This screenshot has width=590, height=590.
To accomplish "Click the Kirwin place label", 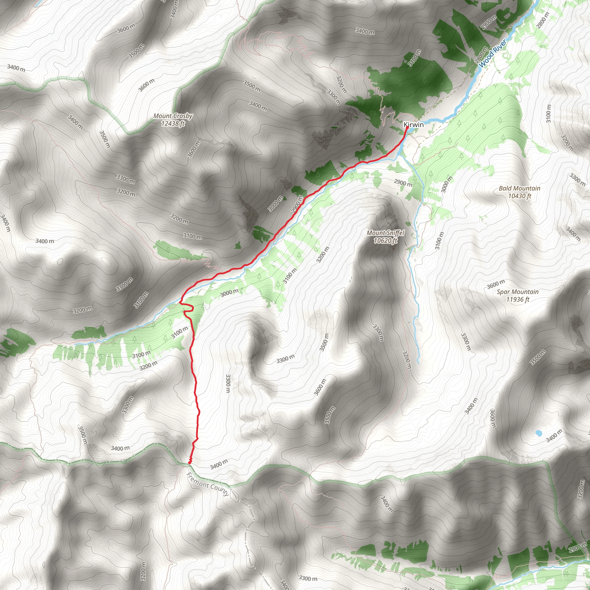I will (413, 124).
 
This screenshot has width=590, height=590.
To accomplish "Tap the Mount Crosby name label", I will (173, 116).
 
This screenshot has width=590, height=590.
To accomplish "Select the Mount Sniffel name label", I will (385, 233).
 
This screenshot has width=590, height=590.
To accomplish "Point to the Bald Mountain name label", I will (519, 188).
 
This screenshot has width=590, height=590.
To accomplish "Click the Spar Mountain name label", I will (517, 292).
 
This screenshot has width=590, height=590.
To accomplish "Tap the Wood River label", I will (492, 54).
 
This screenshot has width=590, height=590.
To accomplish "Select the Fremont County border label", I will (207, 484).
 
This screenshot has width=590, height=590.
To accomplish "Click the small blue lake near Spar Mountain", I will (538, 433).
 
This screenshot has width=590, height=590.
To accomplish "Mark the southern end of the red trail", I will (190, 463).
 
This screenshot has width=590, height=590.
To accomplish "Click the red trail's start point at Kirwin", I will (407, 128).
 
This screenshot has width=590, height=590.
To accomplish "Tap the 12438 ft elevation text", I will (173, 124).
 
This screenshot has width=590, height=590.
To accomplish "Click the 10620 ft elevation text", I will (385, 241).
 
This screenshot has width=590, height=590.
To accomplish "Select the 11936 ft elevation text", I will (517, 300).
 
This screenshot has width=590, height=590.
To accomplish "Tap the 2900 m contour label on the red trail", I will (297, 204).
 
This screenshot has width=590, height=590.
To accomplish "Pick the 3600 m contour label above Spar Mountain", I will (496, 284).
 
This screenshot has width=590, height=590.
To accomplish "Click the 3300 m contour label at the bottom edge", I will (308, 578).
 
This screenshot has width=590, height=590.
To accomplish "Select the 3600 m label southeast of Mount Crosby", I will (193, 149).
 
